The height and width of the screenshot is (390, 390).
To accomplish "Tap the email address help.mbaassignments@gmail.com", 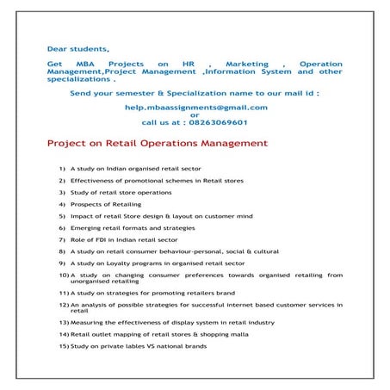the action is [x=195, y=107].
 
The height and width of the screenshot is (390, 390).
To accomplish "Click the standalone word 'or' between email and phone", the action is [x=195, y=115].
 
